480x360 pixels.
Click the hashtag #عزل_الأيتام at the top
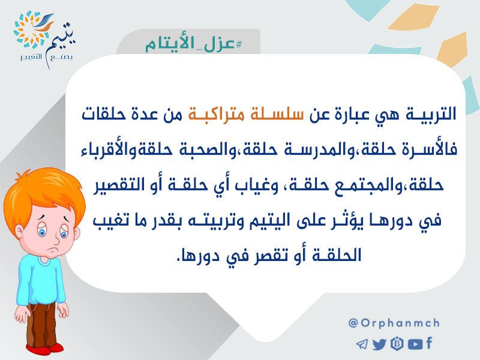(193, 44)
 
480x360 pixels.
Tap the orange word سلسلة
(277, 114)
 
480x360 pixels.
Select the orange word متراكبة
(216, 114)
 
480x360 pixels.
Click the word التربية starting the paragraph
(431, 114)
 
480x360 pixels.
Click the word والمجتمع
(364, 185)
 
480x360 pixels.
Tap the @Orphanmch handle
(394, 323)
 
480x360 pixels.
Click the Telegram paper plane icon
(362, 344)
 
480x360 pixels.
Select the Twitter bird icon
(379, 344)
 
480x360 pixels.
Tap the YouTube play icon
(415, 344)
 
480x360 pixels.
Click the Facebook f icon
(429, 343)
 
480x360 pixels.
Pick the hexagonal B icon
(397, 344)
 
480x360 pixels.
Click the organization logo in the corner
(44, 39)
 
